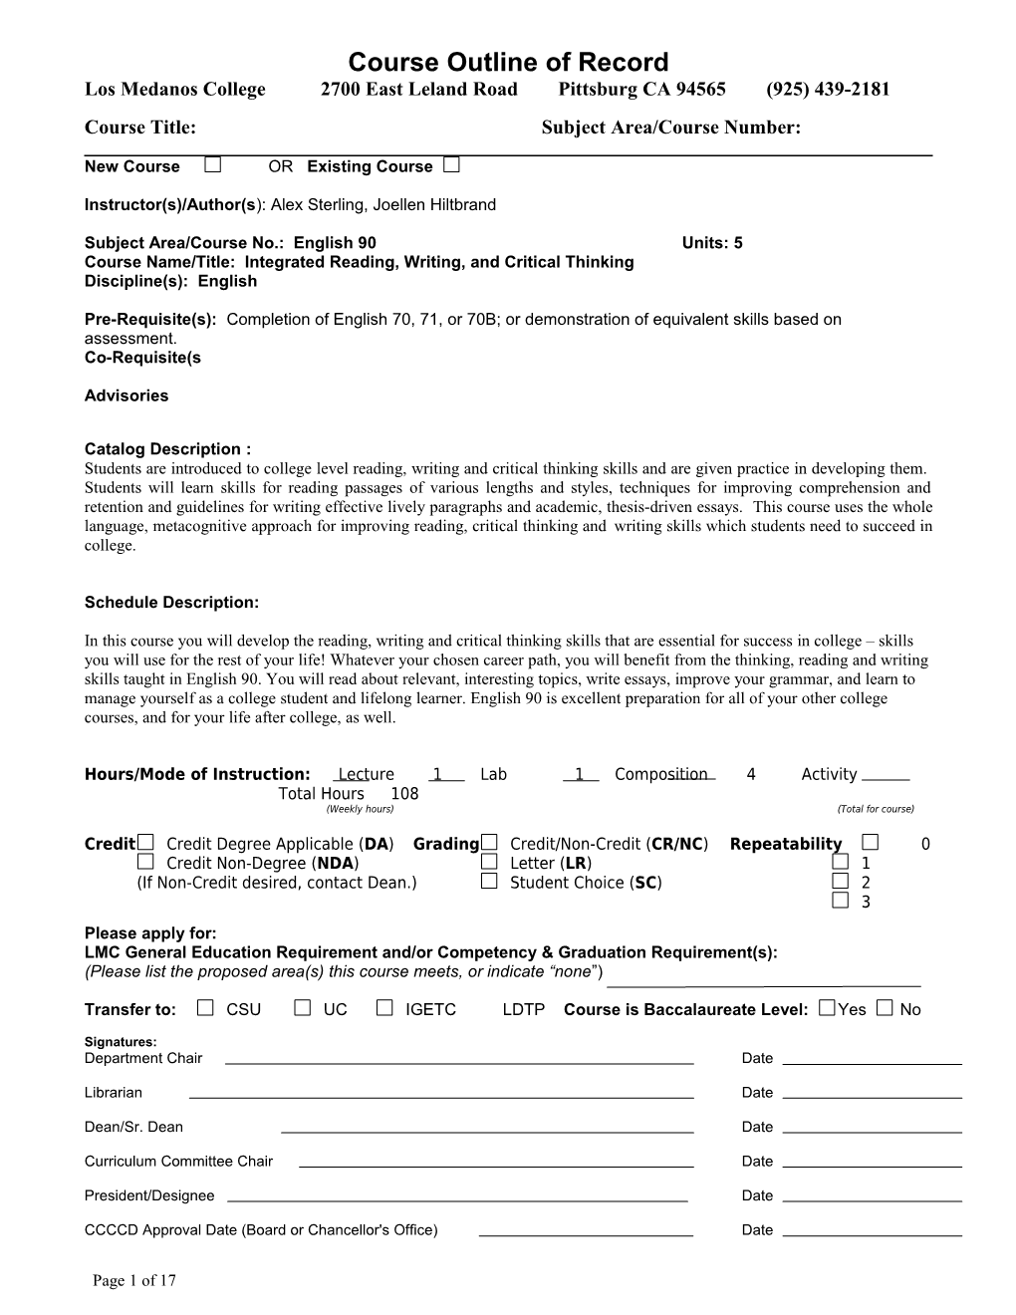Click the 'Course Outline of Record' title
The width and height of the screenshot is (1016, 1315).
tap(508, 62)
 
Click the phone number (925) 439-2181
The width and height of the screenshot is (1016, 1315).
tap(828, 90)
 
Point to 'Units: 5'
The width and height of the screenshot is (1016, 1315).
tap(712, 243)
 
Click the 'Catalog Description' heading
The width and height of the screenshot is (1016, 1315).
tap(167, 449)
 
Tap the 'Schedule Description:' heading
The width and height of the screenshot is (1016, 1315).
tap(171, 603)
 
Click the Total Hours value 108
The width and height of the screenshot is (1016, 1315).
tap(404, 794)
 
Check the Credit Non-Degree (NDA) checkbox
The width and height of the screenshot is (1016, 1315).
tap(146, 862)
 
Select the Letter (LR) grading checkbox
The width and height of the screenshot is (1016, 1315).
tap(489, 862)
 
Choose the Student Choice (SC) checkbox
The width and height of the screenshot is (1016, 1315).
tap(489, 882)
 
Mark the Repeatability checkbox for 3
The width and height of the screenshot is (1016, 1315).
tap(841, 901)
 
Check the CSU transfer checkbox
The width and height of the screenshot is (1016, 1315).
tap(205, 1008)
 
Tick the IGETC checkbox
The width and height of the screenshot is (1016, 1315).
tap(384, 1008)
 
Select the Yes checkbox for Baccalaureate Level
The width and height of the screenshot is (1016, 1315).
tap(826, 1008)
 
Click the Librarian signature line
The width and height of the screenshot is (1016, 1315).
tap(441, 1097)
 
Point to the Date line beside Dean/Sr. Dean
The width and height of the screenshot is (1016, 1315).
tap(873, 1132)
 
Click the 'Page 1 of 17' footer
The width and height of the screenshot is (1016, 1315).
tap(134, 1281)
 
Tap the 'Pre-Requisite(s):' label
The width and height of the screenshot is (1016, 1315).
tap(150, 320)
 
